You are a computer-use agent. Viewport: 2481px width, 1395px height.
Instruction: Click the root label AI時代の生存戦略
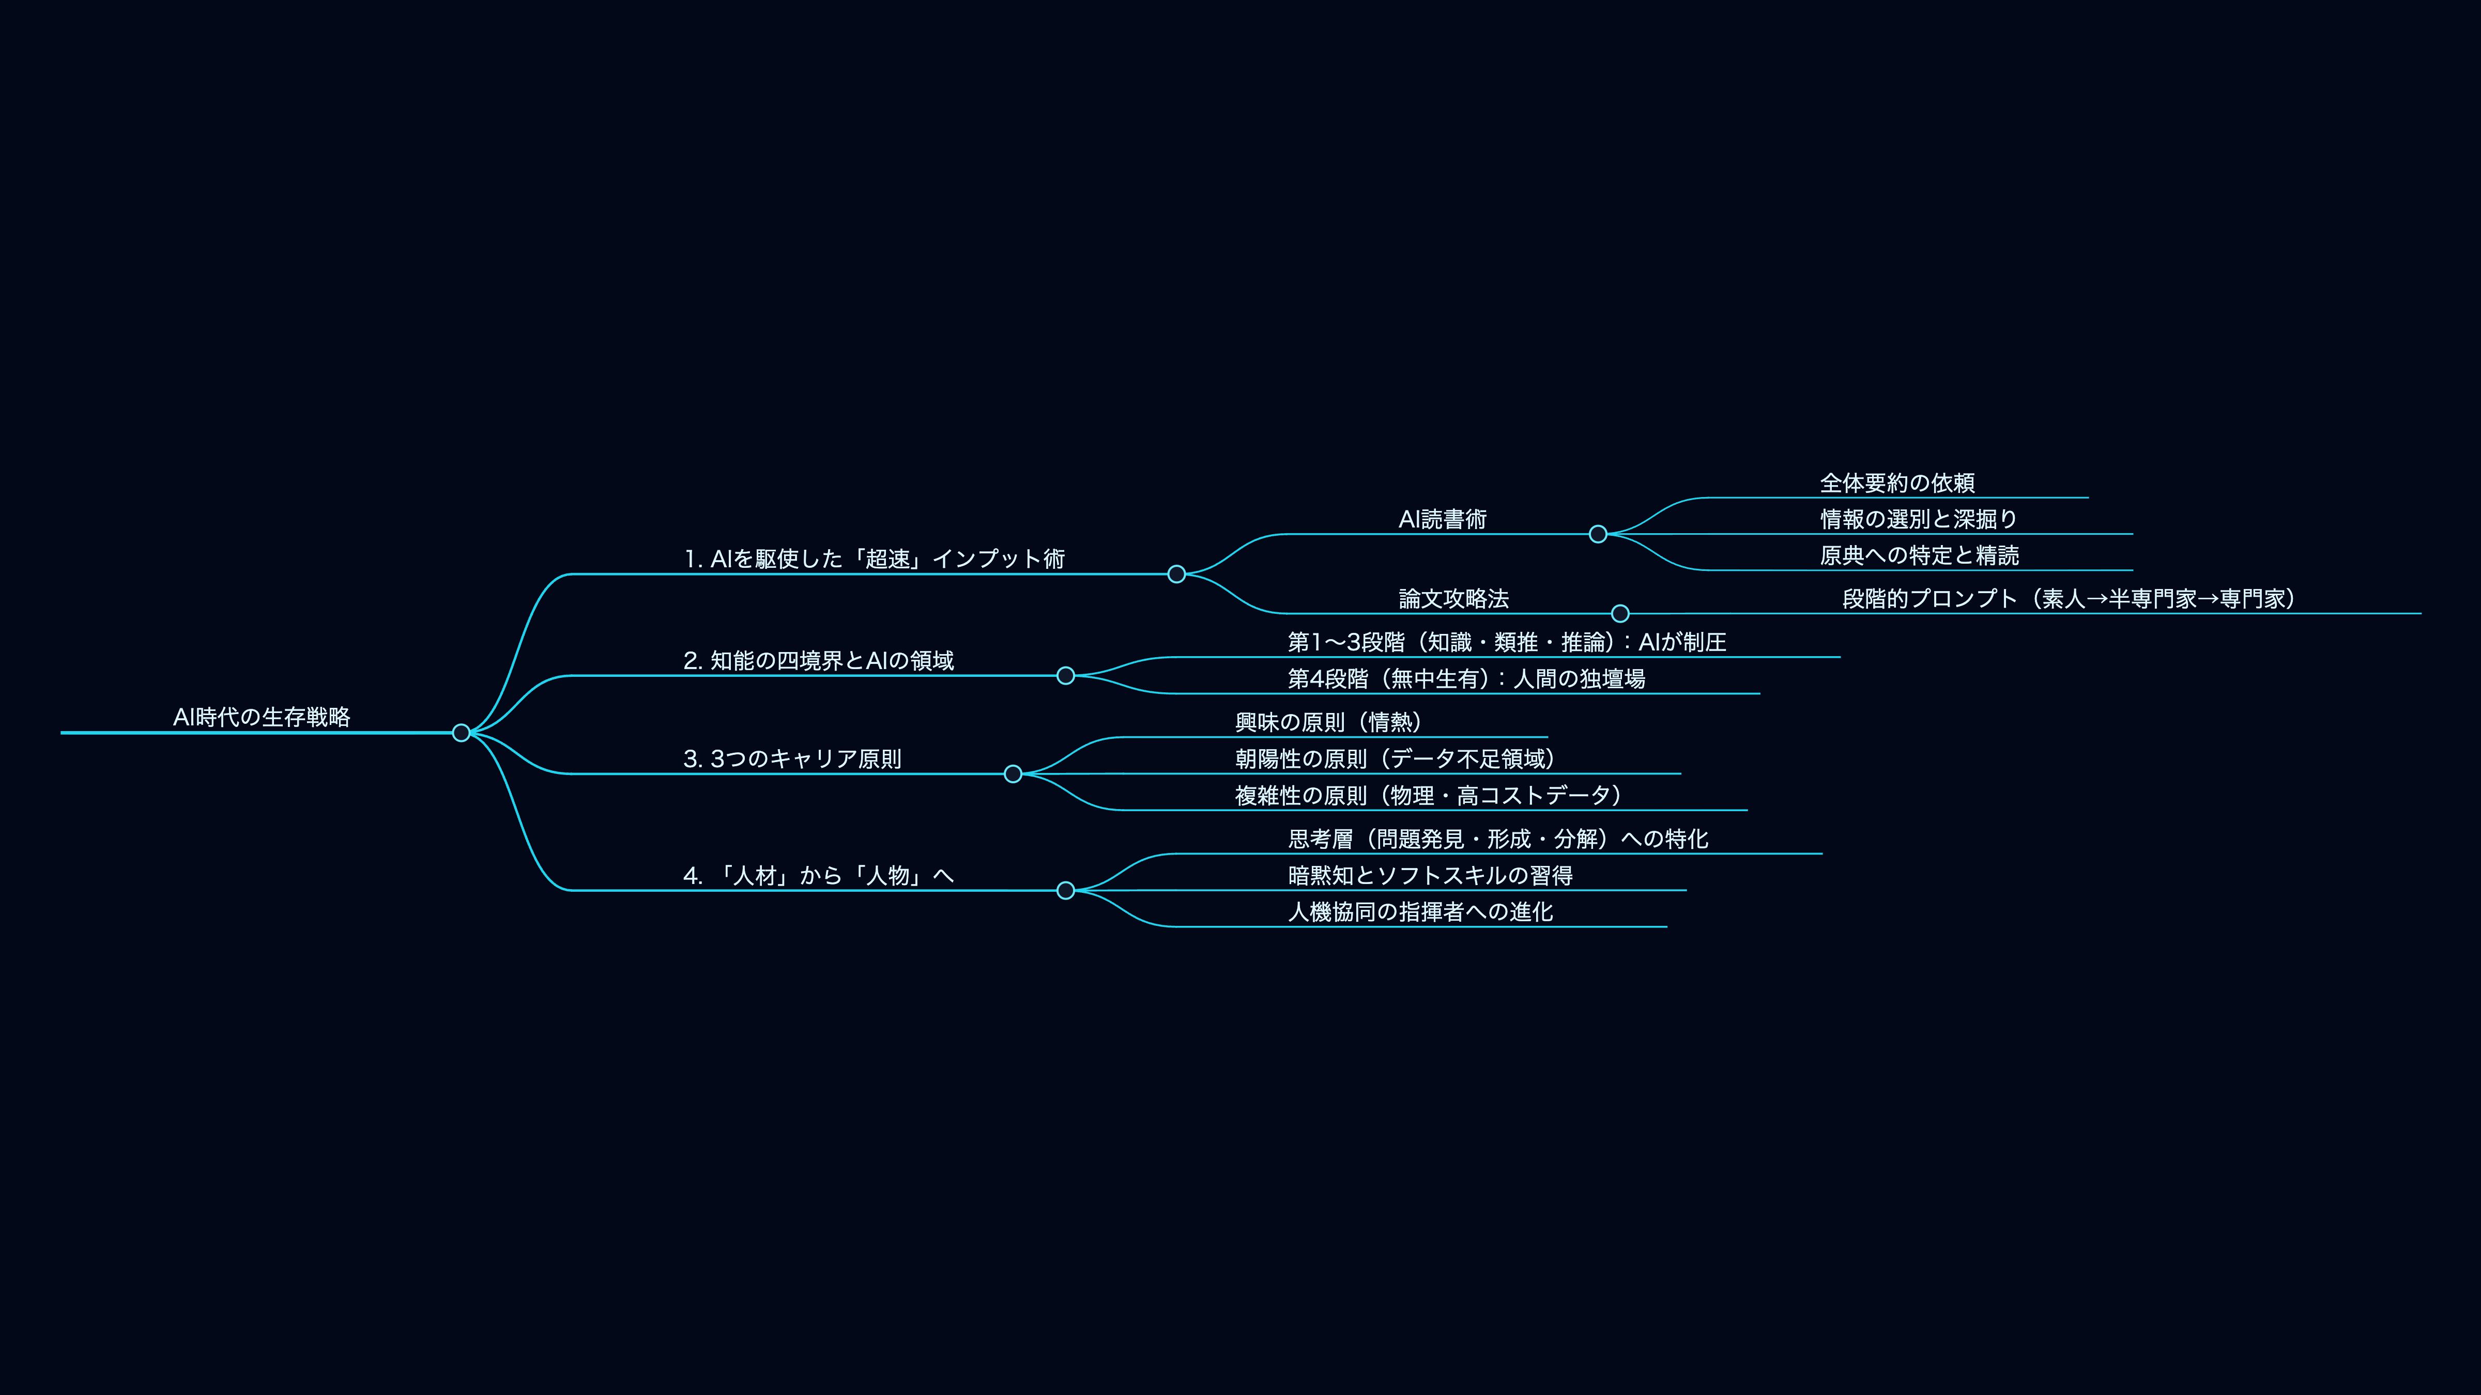(x=261, y=717)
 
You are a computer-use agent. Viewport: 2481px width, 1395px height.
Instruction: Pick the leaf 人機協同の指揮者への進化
(x=1420, y=912)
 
